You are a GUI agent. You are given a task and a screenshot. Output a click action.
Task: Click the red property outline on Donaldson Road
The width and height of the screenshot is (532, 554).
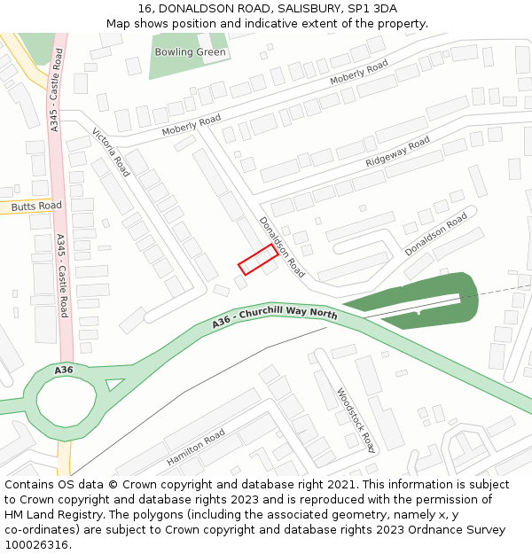pyautogui.click(x=257, y=260)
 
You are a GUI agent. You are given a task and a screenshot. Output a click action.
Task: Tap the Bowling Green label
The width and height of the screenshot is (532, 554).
pyautogui.click(x=190, y=52)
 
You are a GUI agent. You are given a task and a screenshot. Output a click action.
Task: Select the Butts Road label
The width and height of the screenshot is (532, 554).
pyautogui.click(x=36, y=206)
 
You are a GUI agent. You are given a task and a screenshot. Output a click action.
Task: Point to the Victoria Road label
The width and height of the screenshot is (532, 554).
pyautogui.click(x=111, y=152)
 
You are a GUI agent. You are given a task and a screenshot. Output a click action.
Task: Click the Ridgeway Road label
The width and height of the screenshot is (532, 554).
pyautogui.click(x=397, y=152)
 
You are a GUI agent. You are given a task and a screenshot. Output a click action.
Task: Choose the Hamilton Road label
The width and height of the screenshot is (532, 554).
pyautogui.click(x=196, y=449)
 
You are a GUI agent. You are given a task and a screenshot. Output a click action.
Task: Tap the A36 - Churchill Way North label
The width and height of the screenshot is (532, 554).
pyautogui.click(x=275, y=320)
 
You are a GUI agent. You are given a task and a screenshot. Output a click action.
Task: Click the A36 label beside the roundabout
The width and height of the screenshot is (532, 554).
pyautogui.click(x=64, y=370)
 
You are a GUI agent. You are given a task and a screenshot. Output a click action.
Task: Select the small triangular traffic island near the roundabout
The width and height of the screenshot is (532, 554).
pyautogui.click(x=114, y=385)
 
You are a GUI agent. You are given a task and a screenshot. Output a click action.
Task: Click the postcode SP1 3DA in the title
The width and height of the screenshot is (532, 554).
pyautogui.click(x=374, y=9)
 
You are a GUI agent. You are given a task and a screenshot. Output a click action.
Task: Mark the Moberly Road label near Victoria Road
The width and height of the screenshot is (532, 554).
pyautogui.click(x=191, y=126)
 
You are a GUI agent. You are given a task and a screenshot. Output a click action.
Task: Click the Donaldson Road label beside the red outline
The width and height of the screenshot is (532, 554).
pyautogui.click(x=282, y=247)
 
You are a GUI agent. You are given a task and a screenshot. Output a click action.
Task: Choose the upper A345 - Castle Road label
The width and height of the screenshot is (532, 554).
pyautogui.click(x=56, y=90)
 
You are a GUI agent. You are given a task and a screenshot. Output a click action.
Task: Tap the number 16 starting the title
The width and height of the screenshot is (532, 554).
pyautogui.click(x=145, y=9)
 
